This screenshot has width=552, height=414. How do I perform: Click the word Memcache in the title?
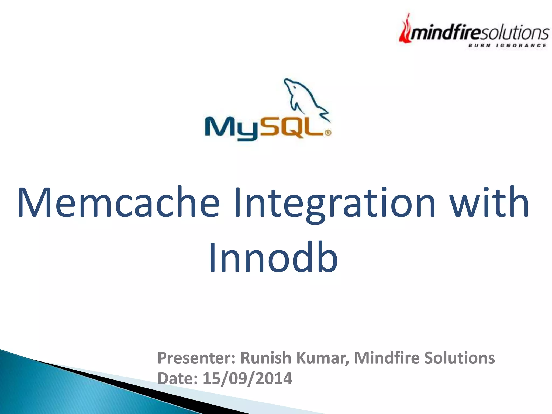click(x=119, y=203)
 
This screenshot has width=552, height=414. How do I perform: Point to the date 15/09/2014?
click(x=247, y=378)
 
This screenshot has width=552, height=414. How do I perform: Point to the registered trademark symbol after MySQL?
click(x=328, y=133)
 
